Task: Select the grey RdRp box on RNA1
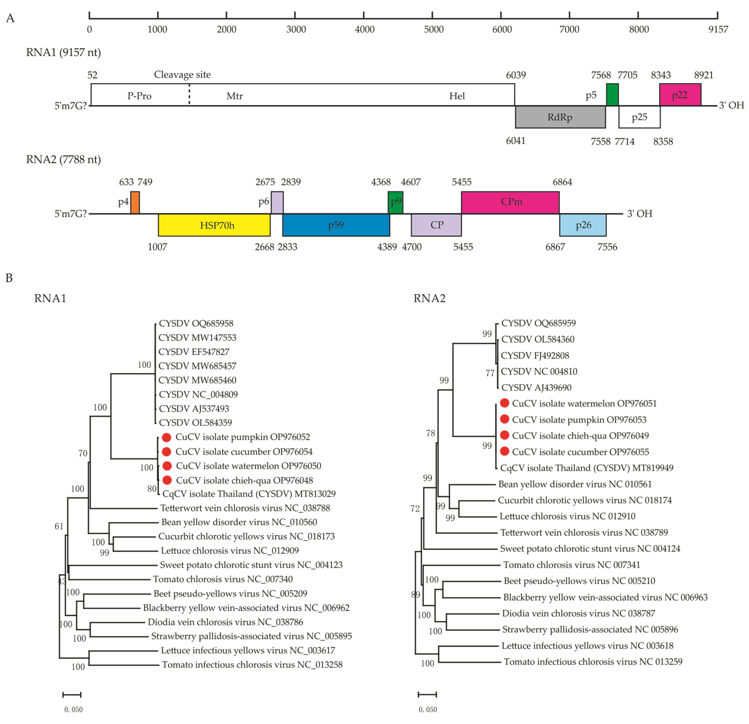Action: tap(560, 117)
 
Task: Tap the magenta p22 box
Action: tap(680, 95)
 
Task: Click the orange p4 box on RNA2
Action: tap(135, 203)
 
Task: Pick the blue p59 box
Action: tap(336, 225)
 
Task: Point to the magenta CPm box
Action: tap(510, 202)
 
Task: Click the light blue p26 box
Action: tap(583, 225)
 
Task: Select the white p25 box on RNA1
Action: tap(639, 117)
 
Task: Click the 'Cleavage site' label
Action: tap(182, 75)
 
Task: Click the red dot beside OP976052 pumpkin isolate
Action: tap(167, 437)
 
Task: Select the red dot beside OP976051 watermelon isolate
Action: tap(504, 403)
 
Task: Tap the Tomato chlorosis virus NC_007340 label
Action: tap(223, 579)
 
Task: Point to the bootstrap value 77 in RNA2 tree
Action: tap(490, 373)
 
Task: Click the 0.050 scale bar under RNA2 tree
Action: tap(427, 694)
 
